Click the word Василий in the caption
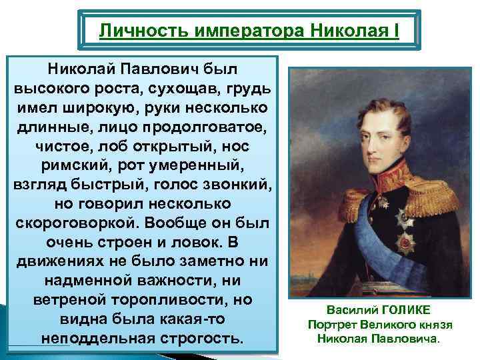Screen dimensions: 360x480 (351, 311)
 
